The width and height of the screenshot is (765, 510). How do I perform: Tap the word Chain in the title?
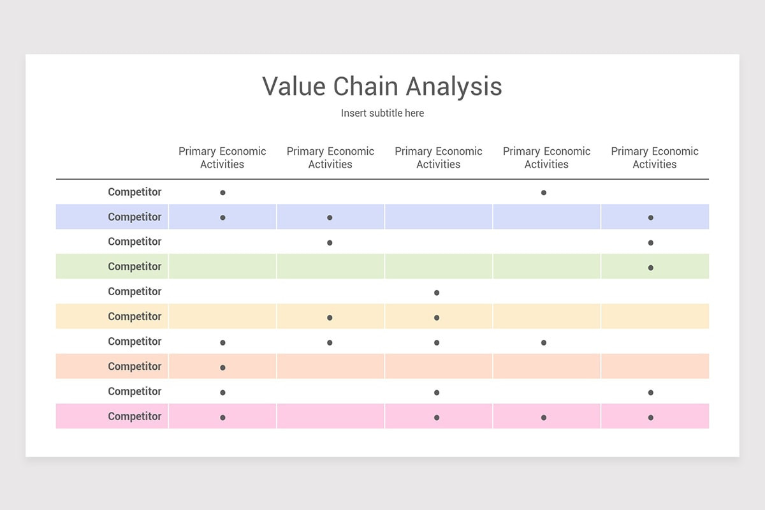[365, 87]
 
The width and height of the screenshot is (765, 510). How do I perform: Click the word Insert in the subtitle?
[353, 113]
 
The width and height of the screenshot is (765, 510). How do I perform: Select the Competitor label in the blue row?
[135, 217]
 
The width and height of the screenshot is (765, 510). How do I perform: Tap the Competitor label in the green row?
[135, 266]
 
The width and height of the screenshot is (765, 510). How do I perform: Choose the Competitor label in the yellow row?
[135, 316]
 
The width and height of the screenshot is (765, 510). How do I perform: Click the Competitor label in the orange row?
[135, 367]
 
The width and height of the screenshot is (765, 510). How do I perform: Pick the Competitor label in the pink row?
[135, 416]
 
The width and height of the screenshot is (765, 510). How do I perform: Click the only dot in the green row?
[651, 268]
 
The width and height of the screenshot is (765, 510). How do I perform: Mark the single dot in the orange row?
[222, 368]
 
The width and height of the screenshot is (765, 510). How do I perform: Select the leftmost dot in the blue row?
[222, 217]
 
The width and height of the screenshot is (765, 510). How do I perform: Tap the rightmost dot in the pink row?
[651, 418]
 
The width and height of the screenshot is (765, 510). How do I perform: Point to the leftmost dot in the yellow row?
[330, 317]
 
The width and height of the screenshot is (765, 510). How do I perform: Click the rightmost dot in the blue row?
[651, 217]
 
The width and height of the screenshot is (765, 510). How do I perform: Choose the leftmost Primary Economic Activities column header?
[222, 157]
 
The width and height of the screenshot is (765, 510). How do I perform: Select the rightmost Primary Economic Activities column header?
[655, 157]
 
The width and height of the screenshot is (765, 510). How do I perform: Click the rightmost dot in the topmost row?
[544, 193]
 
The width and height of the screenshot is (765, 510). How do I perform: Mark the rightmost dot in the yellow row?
[437, 317]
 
